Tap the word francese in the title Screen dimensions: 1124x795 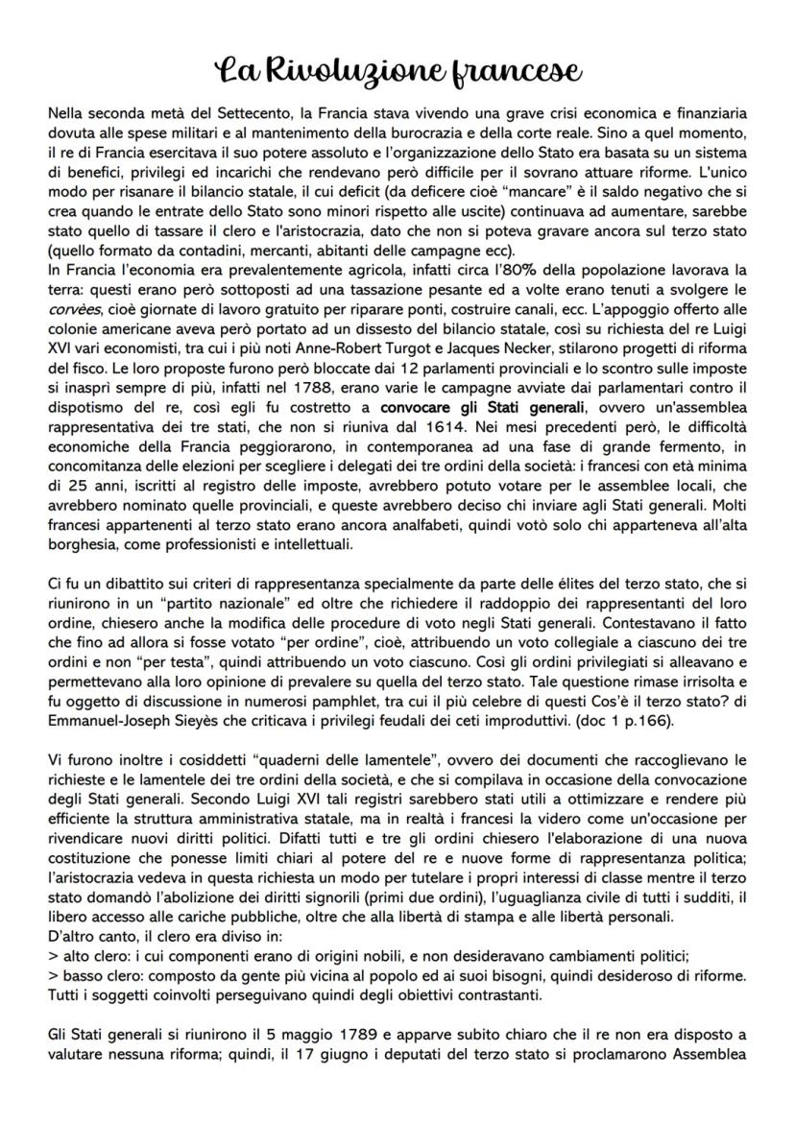[x=518, y=72]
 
